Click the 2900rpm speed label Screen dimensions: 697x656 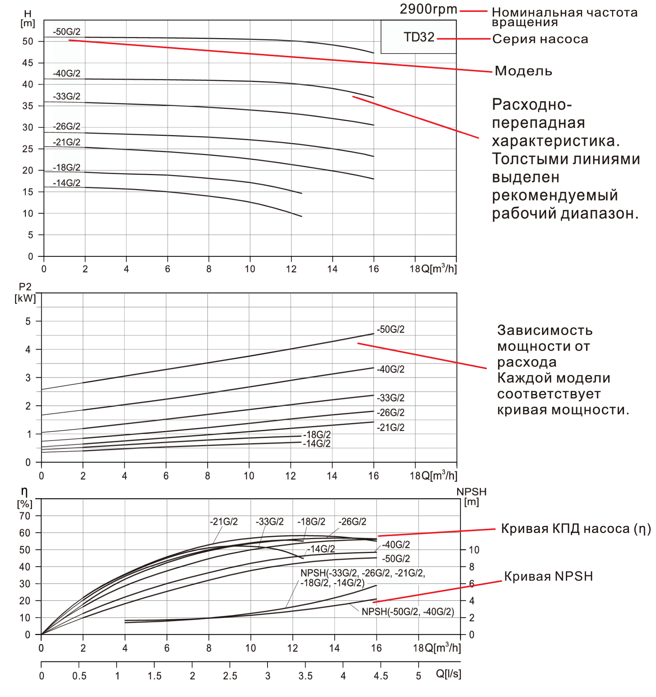(428, 9)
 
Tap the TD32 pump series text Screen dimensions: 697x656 (419, 37)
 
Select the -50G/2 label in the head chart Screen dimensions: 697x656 (67, 32)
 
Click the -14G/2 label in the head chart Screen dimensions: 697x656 (67, 183)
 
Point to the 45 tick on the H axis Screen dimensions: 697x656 (28, 63)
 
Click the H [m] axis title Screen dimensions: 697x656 (28, 18)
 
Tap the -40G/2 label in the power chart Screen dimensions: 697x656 (391, 369)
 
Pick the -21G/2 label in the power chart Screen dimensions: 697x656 (391, 428)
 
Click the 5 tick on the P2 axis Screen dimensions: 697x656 (28, 321)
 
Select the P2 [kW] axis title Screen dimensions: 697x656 (25, 293)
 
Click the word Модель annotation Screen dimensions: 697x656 (523, 71)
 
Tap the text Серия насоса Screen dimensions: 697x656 (540, 39)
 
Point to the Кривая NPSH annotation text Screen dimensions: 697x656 (548, 577)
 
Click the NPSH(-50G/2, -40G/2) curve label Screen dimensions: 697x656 (408, 612)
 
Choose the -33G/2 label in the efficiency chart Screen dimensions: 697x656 (269, 522)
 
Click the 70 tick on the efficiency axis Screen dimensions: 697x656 (25, 516)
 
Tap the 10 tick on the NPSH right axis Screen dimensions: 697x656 (474, 550)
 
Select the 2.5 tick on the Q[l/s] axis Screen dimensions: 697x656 (230, 676)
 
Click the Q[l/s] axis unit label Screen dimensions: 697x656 (448, 674)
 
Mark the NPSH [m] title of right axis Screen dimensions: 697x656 (471, 496)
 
